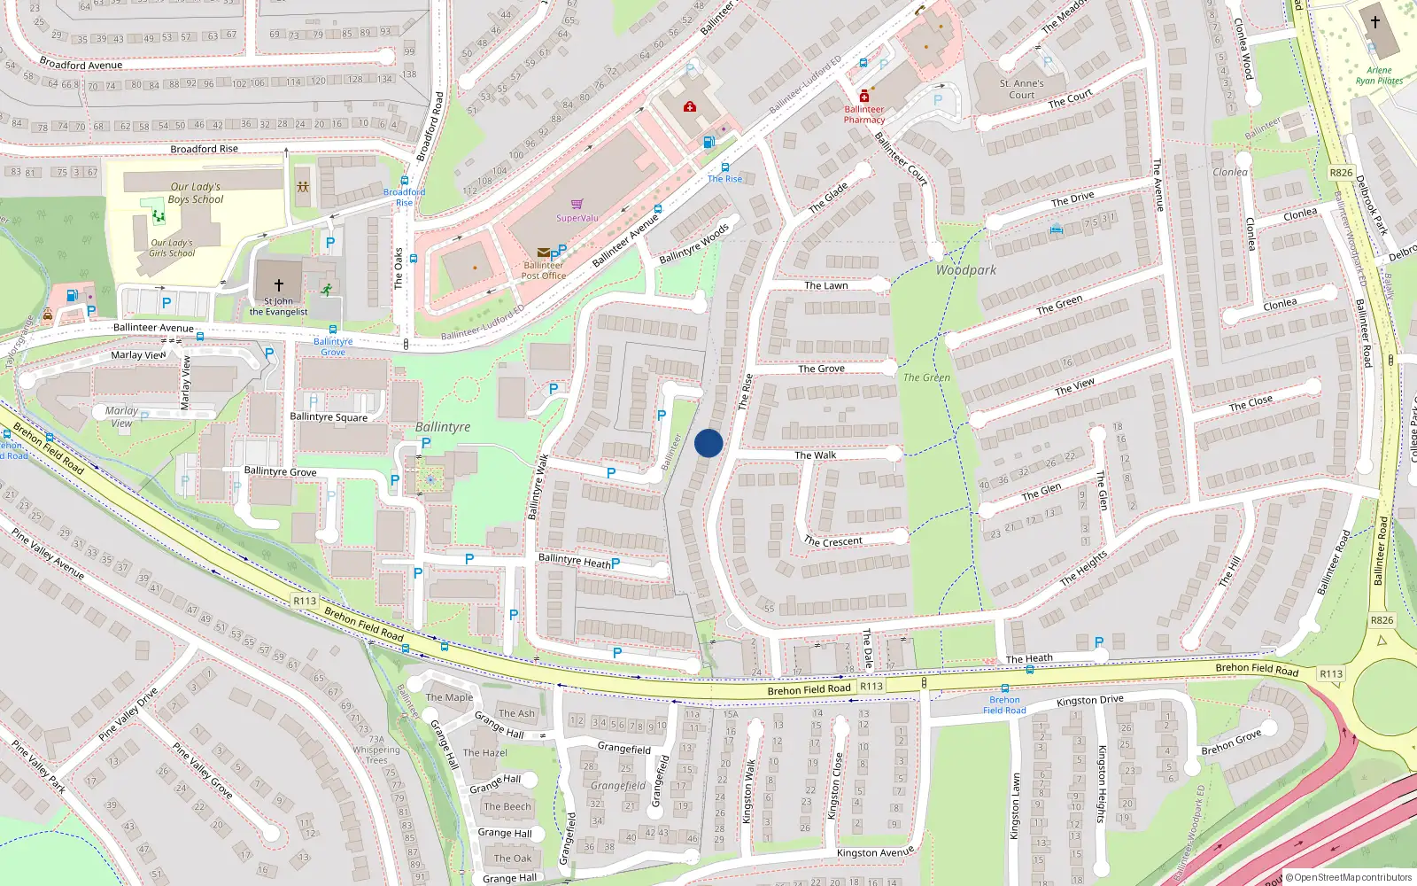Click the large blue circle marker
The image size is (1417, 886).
pyautogui.click(x=708, y=443)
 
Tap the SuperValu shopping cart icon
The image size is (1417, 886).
pyautogui.click(x=577, y=205)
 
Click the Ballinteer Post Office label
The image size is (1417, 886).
pyautogui.click(x=543, y=270)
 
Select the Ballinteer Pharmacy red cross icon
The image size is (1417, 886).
pyautogui.click(x=864, y=97)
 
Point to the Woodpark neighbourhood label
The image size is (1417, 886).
pyautogui.click(x=966, y=270)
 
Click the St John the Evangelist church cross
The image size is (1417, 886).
pyautogui.click(x=279, y=285)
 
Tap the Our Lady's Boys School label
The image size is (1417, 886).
pyautogui.click(x=196, y=193)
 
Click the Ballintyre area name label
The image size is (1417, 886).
pyautogui.click(x=443, y=427)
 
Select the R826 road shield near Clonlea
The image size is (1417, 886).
pyautogui.click(x=1341, y=173)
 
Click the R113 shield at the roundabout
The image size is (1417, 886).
pyautogui.click(x=1331, y=674)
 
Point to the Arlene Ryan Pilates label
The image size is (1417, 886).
pyautogui.click(x=1379, y=75)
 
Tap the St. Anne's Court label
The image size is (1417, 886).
pyautogui.click(x=1021, y=89)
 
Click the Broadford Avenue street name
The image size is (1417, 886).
pyautogui.click(x=81, y=65)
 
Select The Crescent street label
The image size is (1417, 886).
pyautogui.click(x=832, y=541)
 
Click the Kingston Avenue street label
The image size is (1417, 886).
pyautogui.click(x=875, y=852)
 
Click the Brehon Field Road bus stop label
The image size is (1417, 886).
pyautogui.click(x=1004, y=704)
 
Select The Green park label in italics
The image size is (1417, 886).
pyautogui.click(x=926, y=377)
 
